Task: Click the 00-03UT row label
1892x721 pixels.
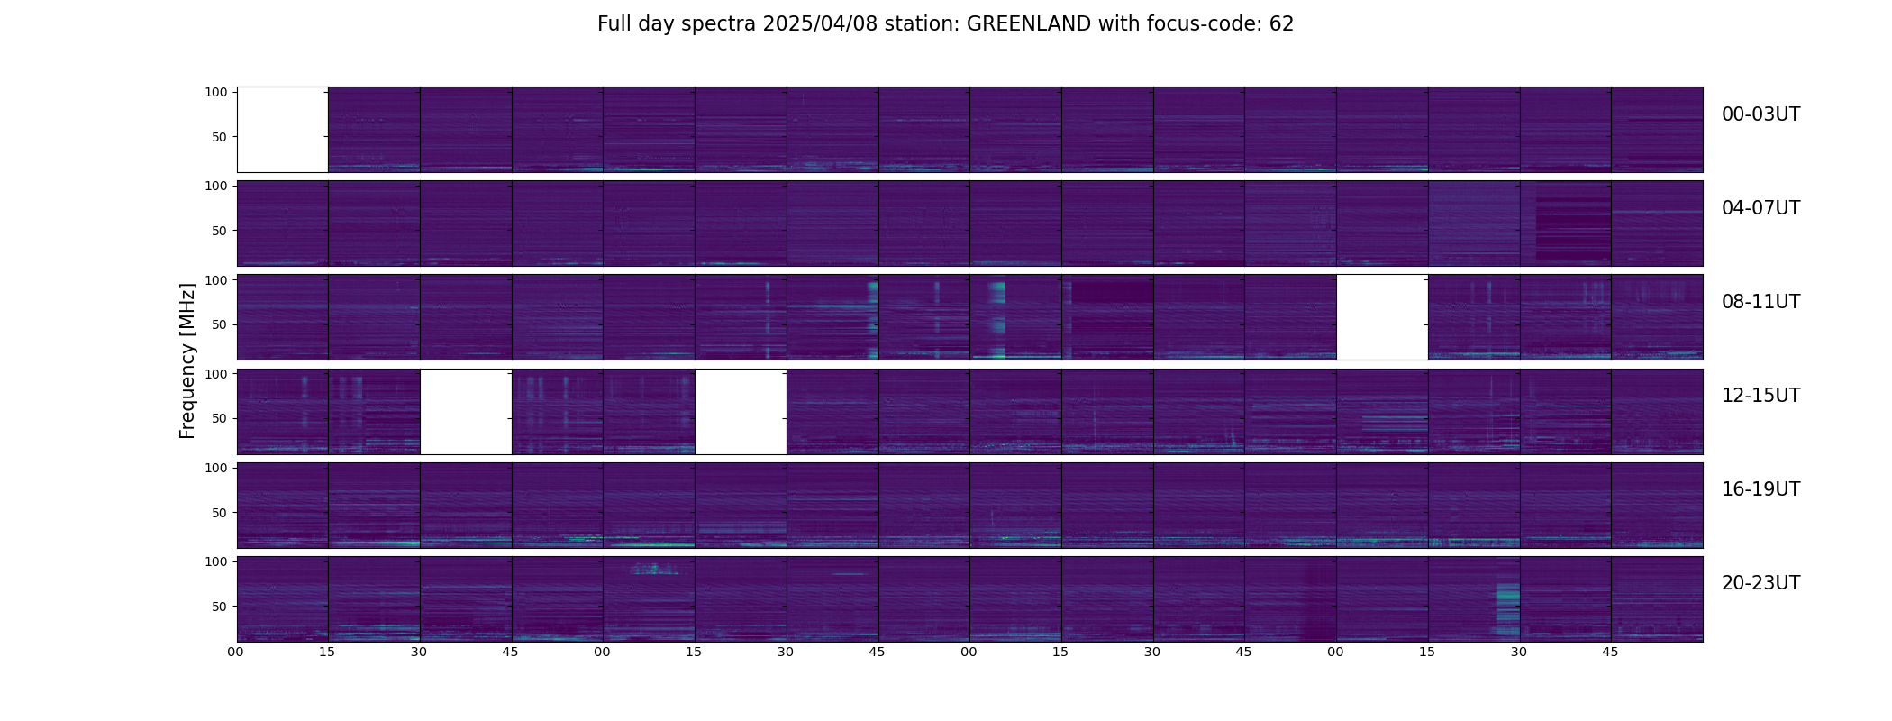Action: pyautogui.click(x=1760, y=114)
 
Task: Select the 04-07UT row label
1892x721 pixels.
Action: pyautogui.click(x=1760, y=208)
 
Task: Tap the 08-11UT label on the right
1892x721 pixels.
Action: pyautogui.click(x=1760, y=302)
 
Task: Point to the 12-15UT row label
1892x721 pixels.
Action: pyautogui.click(x=1760, y=396)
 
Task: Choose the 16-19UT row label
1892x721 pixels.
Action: pyautogui.click(x=1760, y=489)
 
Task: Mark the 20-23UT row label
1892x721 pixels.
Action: pyautogui.click(x=1760, y=583)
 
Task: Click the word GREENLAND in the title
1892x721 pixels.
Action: pyautogui.click(x=1029, y=24)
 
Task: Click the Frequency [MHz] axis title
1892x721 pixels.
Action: pyautogui.click(x=187, y=360)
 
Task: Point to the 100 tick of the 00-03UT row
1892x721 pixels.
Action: pyautogui.click(x=216, y=92)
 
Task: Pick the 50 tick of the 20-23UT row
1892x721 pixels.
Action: pyautogui.click(x=220, y=607)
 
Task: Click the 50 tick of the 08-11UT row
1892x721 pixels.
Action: pyautogui.click(x=220, y=324)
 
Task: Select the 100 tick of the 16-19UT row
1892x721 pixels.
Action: pyautogui.click(x=216, y=468)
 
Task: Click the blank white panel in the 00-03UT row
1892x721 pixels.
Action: pyautogui.click(x=282, y=130)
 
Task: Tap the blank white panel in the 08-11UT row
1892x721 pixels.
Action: pyautogui.click(x=1382, y=317)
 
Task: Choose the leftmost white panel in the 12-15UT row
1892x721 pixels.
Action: pyautogui.click(x=466, y=411)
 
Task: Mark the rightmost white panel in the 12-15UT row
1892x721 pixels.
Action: pyautogui.click(x=741, y=411)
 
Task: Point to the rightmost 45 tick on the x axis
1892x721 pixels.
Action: pyautogui.click(x=1610, y=652)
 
